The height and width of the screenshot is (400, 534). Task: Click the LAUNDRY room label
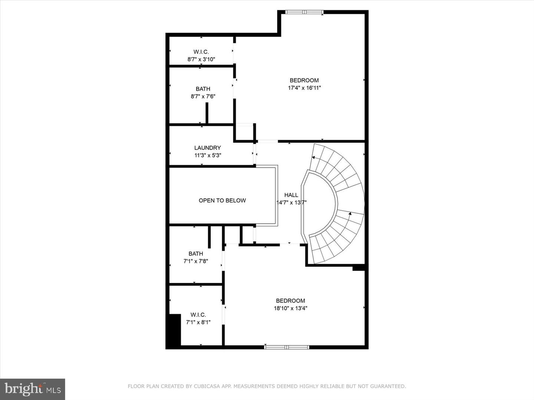coord(207,148)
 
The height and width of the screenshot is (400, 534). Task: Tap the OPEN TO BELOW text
coord(222,200)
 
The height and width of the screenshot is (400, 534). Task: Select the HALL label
coord(291,195)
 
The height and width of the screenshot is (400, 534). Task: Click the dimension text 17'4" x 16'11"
coord(304,88)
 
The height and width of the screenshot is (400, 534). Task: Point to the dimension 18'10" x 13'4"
coord(290,308)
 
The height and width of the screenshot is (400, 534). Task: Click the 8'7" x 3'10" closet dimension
coord(201,59)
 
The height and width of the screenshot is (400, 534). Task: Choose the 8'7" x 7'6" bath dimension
coord(203,96)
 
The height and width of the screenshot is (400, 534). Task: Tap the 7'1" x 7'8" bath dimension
coord(195,261)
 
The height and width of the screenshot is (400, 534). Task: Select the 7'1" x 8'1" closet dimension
coord(198,322)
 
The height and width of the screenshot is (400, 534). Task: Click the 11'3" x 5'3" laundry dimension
coord(208,156)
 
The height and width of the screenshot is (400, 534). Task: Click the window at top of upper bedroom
coord(304,12)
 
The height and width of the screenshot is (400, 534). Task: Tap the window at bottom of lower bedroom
coord(286,347)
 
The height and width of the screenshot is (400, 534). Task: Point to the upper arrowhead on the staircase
coord(313,157)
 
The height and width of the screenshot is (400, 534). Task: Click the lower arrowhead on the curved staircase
coord(350,213)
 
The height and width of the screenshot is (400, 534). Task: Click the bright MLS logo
coord(33,389)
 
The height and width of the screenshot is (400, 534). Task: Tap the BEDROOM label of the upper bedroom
coord(304,80)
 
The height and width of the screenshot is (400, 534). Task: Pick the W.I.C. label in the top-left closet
coord(201,52)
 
